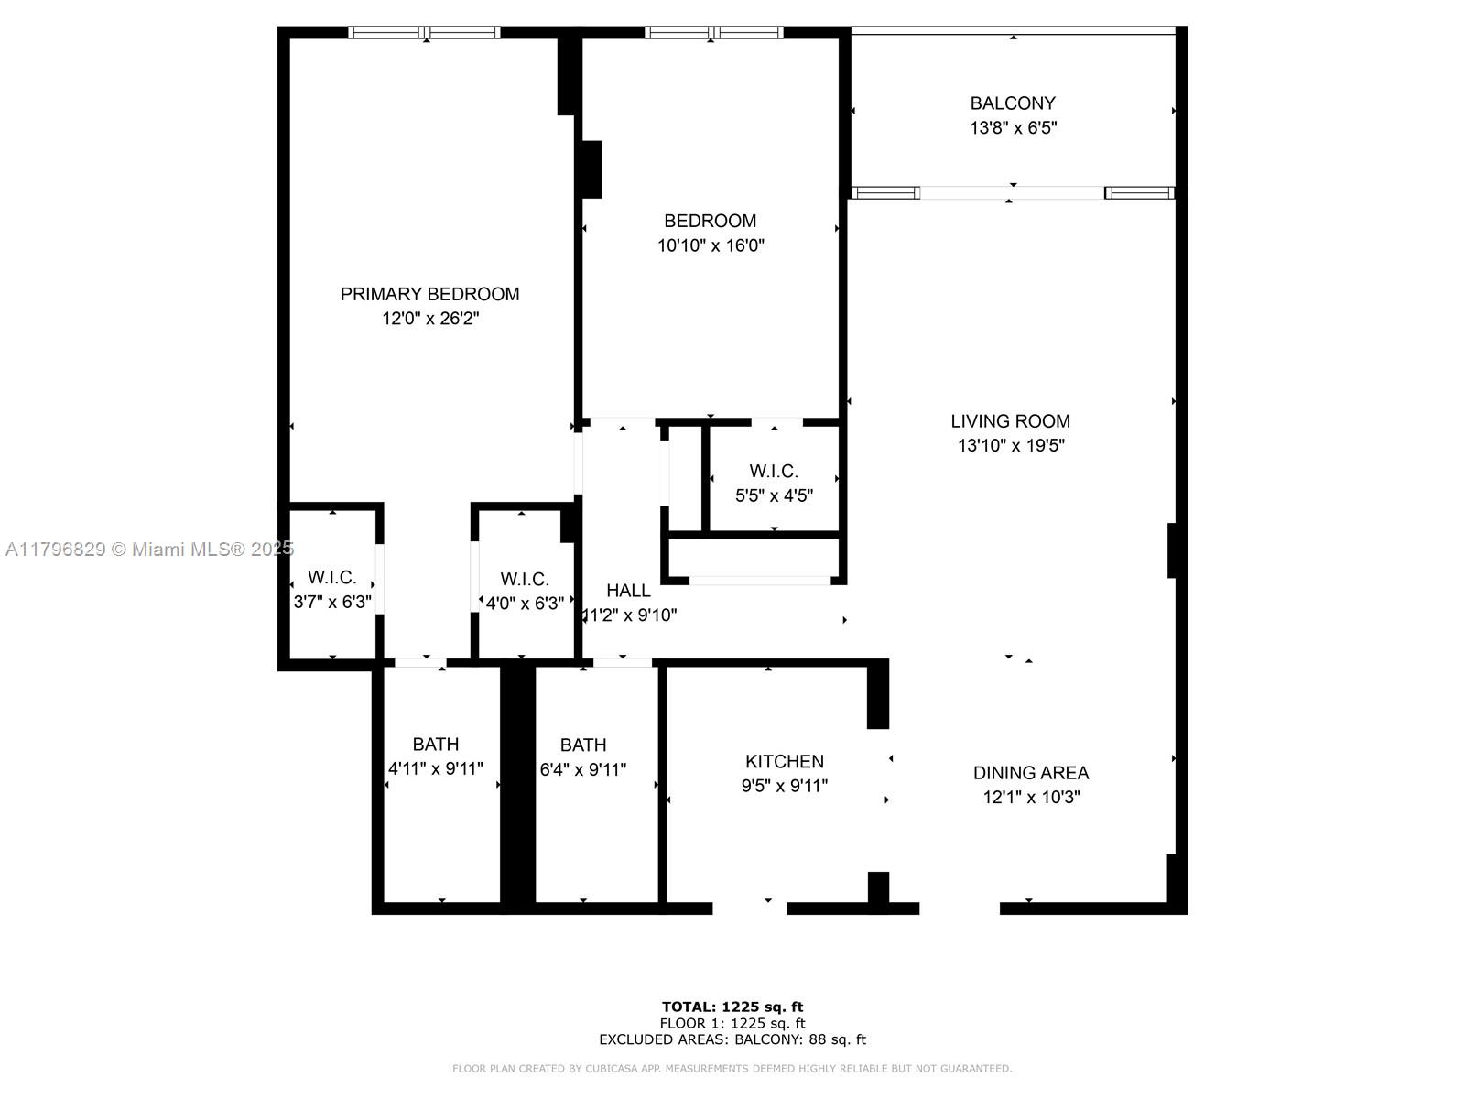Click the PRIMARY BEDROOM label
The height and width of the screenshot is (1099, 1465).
click(x=429, y=294)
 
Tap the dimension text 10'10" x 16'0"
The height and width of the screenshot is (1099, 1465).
click(x=711, y=245)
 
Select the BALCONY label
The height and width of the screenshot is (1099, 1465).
click(x=1013, y=103)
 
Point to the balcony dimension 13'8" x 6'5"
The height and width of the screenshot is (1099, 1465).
click(x=1013, y=128)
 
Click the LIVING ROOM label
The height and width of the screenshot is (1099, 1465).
click(x=1010, y=421)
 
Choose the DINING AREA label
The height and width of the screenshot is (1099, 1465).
click(x=1031, y=773)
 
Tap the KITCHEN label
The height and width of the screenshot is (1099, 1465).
click(x=785, y=761)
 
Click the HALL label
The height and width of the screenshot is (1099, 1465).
click(x=628, y=591)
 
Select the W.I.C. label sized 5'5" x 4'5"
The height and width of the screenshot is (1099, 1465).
click(x=774, y=472)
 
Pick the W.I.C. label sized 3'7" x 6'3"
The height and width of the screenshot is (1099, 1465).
click(x=331, y=578)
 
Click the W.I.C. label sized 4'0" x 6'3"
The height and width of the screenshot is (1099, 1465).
click(x=525, y=580)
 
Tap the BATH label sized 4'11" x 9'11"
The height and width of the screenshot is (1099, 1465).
click(x=436, y=745)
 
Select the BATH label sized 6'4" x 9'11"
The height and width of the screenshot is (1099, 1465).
click(x=583, y=745)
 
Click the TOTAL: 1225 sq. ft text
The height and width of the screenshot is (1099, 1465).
click(x=732, y=1007)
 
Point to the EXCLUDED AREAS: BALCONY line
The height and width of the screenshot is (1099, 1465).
click(x=732, y=1039)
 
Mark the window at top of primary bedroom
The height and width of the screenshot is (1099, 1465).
click(x=425, y=33)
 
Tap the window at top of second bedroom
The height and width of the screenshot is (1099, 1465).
click(x=713, y=33)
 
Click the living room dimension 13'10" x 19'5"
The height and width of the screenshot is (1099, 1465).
click(x=1011, y=446)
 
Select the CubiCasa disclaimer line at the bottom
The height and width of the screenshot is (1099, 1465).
click(x=732, y=1069)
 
